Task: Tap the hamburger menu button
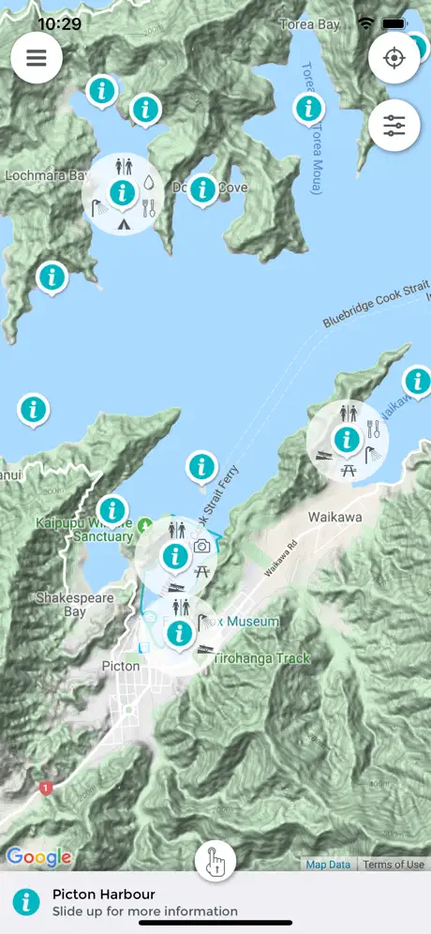[x=37, y=57]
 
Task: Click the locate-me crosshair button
[x=394, y=57]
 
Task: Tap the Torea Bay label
[x=310, y=24]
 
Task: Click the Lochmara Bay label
[x=46, y=175]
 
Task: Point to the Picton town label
[x=120, y=666]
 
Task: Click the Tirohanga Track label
[x=261, y=658]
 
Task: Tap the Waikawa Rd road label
[x=285, y=562]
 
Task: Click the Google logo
[x=38, y=856]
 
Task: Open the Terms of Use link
[x=394, y=865]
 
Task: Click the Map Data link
[x=328, y=865]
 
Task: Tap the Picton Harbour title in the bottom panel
[x=103, y=895]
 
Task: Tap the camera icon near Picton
[x=201, y=547]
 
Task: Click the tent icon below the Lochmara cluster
[x=123, y=223]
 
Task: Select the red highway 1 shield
[x=45, y=789]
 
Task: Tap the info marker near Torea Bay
[x=307, y=108]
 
